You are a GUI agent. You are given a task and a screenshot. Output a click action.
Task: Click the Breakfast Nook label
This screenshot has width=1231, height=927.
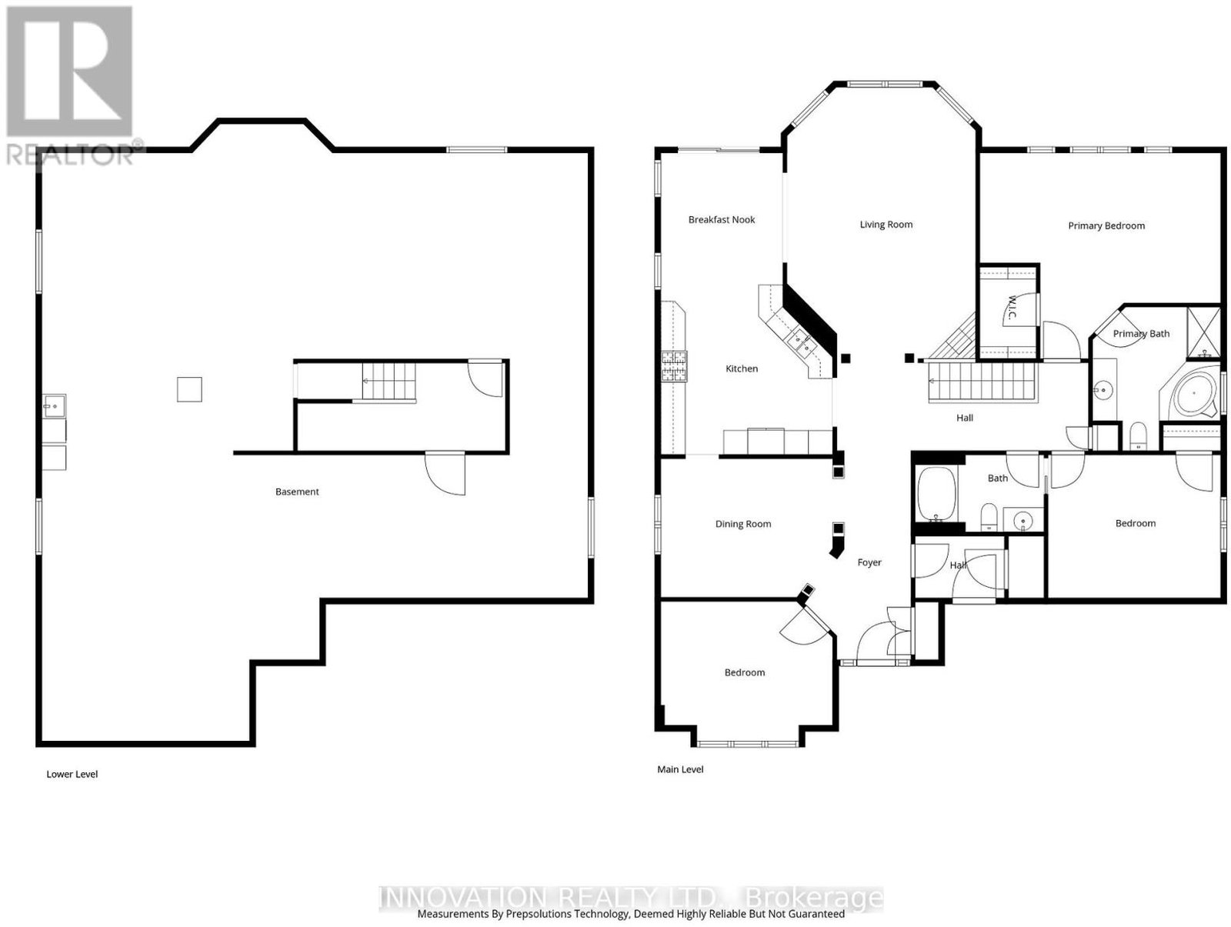(721, 220)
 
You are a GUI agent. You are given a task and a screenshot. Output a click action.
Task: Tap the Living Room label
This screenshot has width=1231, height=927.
(886, 225)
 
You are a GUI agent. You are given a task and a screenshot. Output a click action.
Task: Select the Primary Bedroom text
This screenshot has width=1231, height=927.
(1106, 226)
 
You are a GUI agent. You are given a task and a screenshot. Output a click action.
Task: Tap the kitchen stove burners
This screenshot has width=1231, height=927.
(673, 366)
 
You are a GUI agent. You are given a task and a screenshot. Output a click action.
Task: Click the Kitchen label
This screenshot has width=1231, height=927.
(742, 369)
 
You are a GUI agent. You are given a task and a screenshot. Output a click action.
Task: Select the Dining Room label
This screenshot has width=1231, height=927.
(743, 525)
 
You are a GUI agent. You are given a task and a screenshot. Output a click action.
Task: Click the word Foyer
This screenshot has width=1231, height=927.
(869, 562)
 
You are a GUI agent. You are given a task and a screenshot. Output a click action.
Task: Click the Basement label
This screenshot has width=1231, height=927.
(297, 492)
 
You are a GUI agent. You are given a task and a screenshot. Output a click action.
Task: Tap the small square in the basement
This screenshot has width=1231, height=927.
(189, 389)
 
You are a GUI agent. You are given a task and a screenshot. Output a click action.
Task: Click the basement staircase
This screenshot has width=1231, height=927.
(388, 382)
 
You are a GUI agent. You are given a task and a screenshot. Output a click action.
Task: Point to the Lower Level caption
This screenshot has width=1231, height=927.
(72, 775)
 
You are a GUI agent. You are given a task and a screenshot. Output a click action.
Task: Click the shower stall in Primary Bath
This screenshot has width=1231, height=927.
(1203, 332)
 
